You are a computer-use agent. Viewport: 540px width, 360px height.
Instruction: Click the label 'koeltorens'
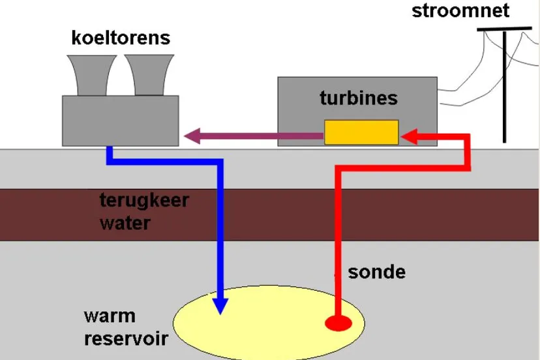tap(121, 38)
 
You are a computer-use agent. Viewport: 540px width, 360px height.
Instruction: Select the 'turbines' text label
tap(358, 98)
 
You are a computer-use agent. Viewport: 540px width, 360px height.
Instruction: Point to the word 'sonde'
tap(376, 271)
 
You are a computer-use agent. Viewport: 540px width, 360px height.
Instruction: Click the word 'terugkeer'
tap(143, 200)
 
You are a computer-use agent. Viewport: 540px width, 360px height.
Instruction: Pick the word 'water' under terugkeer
tap(125, 223)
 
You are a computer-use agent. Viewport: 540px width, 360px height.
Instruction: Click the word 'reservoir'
tap(125, 338)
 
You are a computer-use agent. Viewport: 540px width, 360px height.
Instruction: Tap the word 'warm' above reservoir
tap(110, 316)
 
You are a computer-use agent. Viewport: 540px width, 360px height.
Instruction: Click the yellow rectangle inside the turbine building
tap(361, 132)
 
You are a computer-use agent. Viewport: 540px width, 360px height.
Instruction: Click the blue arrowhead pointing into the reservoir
tap(221, 303)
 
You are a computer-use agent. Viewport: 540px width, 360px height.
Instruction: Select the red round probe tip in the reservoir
tap(338, 322)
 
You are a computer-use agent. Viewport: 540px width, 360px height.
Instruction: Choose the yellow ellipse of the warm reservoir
tap(274, 323)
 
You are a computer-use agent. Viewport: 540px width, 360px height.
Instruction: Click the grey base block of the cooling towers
tap(120, 121)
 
